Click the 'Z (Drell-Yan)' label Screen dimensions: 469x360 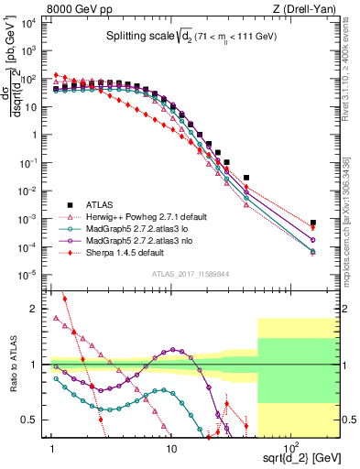pyautogui.click(x=309, y=7)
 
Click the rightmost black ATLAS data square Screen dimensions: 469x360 pyautogui.click(x=313, y=223)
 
